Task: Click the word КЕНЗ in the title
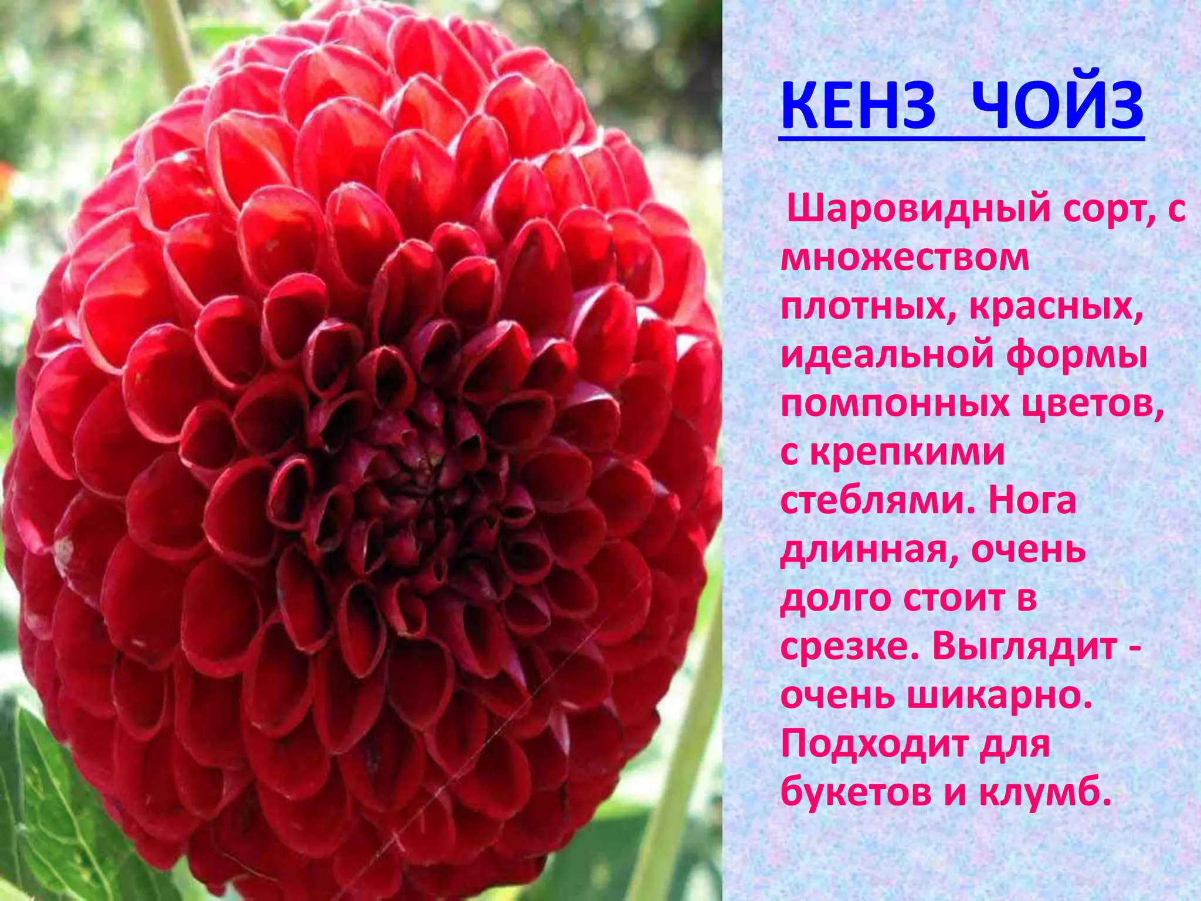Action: (x=859, y=107)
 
